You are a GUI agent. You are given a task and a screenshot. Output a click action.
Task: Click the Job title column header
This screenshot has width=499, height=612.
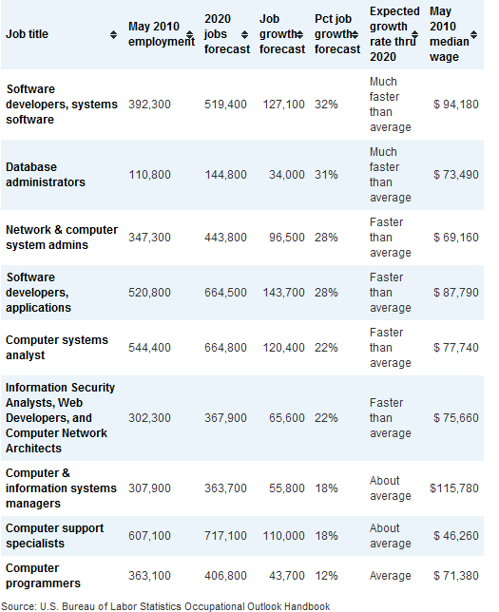click(27, 34)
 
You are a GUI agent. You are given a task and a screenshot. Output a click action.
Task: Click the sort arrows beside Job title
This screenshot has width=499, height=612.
click(113, 35)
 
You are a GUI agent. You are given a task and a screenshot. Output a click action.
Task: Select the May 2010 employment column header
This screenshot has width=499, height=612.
click(162, 34)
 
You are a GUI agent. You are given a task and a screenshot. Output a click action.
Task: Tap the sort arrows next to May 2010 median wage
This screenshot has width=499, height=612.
click(473, 35)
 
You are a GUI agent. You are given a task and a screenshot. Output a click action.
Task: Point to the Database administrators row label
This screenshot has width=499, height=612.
click(46, 175)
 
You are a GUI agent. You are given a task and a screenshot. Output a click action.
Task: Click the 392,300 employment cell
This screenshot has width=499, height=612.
click(149, 105)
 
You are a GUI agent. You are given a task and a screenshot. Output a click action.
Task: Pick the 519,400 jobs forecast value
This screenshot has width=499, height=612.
click(225, 105)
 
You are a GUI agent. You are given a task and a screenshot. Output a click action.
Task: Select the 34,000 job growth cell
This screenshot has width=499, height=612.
click(287, 175)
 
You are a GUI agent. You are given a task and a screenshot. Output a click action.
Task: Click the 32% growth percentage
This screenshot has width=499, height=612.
click(326, 105)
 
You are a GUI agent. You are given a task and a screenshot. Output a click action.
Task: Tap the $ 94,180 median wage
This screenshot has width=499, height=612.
click(455, 105)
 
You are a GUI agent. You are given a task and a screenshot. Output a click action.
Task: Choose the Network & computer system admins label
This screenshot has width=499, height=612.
click(62, 238)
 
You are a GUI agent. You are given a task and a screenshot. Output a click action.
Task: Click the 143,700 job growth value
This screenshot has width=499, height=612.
click(283, 293)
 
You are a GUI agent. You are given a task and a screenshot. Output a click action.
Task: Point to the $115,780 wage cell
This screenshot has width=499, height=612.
click(454, 488)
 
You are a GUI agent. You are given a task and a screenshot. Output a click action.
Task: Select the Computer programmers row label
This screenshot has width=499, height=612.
click(43, 576)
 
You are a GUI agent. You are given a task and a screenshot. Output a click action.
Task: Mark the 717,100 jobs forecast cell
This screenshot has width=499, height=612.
click(225, 536)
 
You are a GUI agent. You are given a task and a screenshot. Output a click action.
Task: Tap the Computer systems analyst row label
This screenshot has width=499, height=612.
click(57, 348)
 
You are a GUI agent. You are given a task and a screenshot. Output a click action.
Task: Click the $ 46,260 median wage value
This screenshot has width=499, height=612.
click(455, 536)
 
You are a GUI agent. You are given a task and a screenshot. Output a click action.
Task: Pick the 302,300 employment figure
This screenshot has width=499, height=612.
click(149, 418)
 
